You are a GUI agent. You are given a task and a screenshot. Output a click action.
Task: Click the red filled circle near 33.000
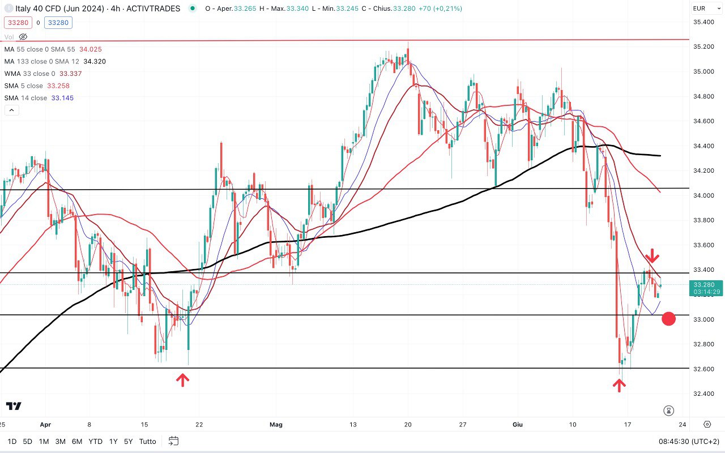click(x=668, y=319)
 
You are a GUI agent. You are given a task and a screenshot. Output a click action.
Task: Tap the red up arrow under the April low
click(x=182, y=379)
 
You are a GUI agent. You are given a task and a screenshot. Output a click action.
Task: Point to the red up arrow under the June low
click(x=619, y=385)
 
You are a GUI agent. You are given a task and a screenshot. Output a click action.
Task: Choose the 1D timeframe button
click(x=12, y=441)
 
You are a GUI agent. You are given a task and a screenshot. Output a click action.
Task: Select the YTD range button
click(x=95, y=441)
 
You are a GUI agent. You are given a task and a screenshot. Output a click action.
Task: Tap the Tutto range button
click(x=147, y=441)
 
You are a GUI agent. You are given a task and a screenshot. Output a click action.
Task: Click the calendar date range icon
click(x=173, y=441)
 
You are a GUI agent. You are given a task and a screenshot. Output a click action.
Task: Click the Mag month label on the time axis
click(x=276, y=424)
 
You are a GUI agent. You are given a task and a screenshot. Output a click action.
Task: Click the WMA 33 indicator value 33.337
click(x=70, y=74)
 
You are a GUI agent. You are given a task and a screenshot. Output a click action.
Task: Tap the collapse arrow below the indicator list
click(x=11, y=110)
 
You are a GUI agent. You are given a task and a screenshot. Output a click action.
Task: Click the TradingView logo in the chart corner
click(x=14, y=406)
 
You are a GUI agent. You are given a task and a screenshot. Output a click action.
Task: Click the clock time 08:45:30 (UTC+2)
click(x=688, y=441)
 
